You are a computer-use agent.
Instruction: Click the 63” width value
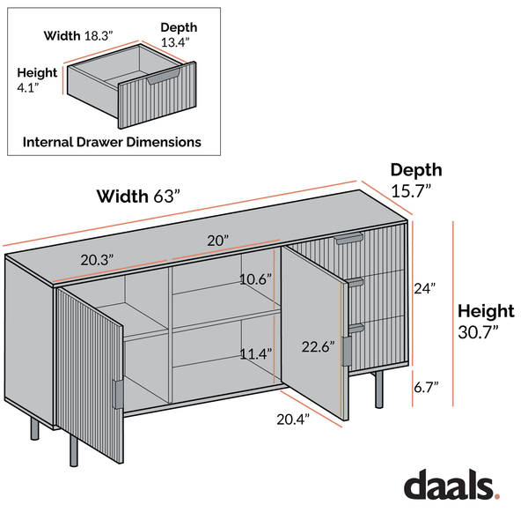point(167,197)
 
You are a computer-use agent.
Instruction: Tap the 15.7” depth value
point(411,191)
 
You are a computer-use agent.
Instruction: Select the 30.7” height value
point(478,332)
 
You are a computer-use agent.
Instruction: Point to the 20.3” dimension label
point(97,260)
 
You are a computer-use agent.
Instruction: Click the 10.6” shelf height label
point(255,279)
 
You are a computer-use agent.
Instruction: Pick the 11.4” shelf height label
point(255,353)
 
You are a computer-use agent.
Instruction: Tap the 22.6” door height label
point(319,346)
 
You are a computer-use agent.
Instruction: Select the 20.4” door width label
point(293,419)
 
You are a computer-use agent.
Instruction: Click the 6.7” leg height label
point(426,387)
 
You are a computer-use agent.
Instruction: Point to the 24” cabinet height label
point(425,289)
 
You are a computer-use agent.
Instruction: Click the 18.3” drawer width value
point(99,36)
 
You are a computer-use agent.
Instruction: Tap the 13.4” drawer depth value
point(175,42)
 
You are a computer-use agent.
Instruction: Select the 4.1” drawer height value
point(28,87)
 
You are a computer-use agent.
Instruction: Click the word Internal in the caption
point(48,142)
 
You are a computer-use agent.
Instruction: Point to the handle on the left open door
point(118,395)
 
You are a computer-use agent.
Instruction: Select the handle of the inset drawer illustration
point(164,78)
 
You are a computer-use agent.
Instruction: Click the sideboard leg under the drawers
point(379,390)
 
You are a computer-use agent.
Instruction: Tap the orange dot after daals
point(496,495)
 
